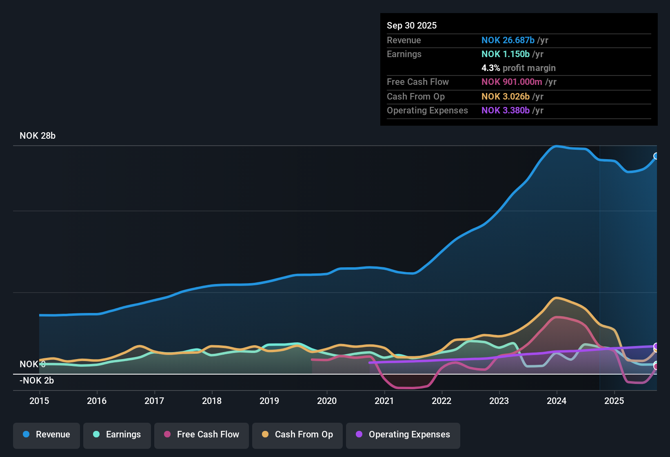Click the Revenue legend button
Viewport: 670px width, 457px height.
pyautogui.click(x=47, y=435)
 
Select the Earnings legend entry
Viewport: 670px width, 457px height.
pyautogui.click(x=117, y=435)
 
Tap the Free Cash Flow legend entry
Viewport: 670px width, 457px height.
pyautogui.click(x=202, y=435)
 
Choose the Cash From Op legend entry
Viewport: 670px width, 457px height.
pyautogui.click(x=297, y=435)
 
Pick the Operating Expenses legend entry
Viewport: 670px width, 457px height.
pyautogui.click(x=403, y=435)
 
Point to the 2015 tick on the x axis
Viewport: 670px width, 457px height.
pyautogui.click(x=39, y=401)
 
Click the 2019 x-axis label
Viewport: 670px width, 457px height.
pyautogui.click(x=269, y=401)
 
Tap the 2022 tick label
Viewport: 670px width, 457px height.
pyautogui.click(x=441, y=401)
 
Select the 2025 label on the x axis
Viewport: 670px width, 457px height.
pyautogui.click(x=614, y=401)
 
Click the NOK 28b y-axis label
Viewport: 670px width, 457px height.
pyautogui.click(x=38, y=136)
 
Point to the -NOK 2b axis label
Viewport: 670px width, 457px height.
pyautogui.click(x=37, y=381)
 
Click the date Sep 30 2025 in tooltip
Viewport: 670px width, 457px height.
pyautogui.click(x=412, y=25)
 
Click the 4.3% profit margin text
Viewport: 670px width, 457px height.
pyautogui.click(x=518, y=68)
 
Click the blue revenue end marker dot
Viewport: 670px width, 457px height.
pyautogui.click(x=656, y=156)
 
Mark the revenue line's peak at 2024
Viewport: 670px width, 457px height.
pyautogui.click(x=556, y=146)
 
